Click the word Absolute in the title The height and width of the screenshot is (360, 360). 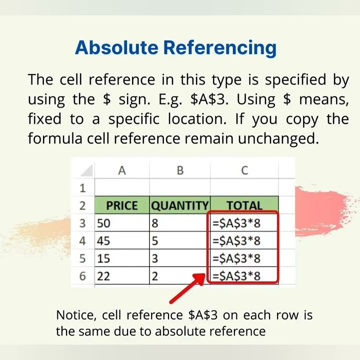(x=117, y=47)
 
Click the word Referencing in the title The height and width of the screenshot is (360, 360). (x=219, y=47)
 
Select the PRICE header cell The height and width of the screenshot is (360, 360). (x=121, y=205)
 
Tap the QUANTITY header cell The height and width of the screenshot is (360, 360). (x=179, y=205)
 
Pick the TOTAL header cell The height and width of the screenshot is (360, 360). (x=244, y=205)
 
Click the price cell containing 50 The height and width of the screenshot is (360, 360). (x=121, y=223)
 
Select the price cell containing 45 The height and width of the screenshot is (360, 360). (x=121, y=241)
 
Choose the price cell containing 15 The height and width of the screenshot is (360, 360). (x=121, y=258)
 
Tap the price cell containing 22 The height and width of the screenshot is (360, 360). (x=121, y=276)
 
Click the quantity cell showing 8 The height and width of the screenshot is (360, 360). (x=179, y=223)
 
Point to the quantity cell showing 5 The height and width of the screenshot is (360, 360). (x=179, y=241)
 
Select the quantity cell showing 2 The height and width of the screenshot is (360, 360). (x=179, y=276)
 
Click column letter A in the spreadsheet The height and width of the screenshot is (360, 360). (x=121, y=171)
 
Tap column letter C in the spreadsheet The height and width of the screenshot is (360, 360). (x=244, y=171)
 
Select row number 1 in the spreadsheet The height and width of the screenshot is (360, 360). (x=82, y=188)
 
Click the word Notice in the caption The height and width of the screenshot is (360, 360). (x=76, y=315)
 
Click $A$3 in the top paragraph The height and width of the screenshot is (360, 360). (x=209, y=99)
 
